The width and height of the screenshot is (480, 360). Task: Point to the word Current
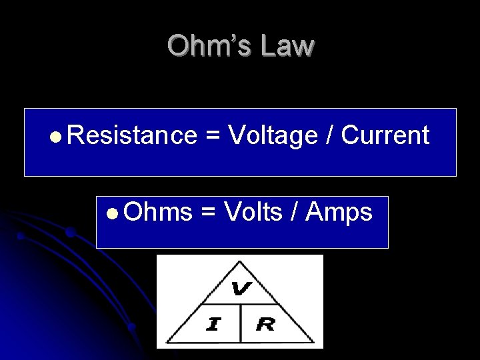pyautogui.click(x=385, y=135)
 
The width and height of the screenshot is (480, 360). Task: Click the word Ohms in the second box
pyautogui.click(x=157, y=212)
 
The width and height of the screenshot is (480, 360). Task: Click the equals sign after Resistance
pyautogui.click(x=213, y=136)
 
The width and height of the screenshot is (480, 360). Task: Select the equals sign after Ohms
pyautogui.click(x=208, y=213)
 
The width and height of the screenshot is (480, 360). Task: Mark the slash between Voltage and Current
pyautogui.click(x=330, y=136)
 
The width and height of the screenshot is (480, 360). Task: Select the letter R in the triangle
pyautogui.click(x=265, y=325)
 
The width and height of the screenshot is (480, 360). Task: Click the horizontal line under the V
pyautogui.click(x=240, y=306)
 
